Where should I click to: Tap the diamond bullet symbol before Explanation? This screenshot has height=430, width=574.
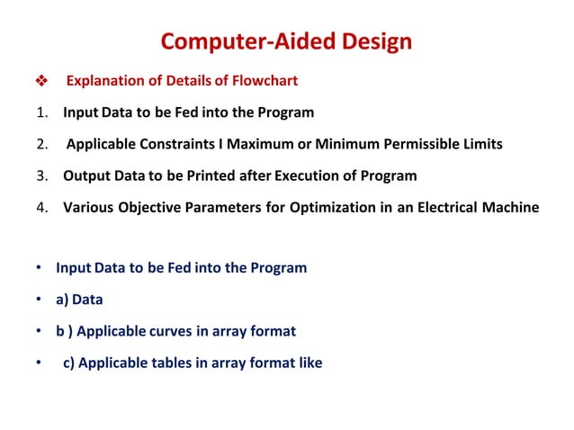coord(39,82)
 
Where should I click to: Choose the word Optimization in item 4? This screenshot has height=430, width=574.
coord(309,207)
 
